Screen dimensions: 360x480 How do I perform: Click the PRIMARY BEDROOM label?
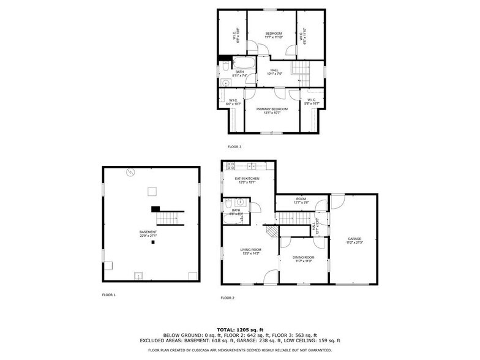click(272, 110)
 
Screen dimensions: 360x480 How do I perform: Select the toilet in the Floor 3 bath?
click(225, 64)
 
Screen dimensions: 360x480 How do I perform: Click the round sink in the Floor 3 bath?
click(225, 83)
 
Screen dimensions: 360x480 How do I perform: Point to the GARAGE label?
click(354, 239)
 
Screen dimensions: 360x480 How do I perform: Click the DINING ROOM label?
click(303, 258)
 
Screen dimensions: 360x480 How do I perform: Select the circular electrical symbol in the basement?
click(130, 172)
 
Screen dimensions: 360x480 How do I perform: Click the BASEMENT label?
click(148, 233)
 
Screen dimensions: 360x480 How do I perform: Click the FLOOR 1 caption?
click(108, 295)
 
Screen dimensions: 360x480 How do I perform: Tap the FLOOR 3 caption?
click(234, 147)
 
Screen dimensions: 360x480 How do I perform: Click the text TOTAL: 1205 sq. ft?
click(240, 329)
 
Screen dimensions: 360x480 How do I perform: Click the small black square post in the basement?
click(154, 242)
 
